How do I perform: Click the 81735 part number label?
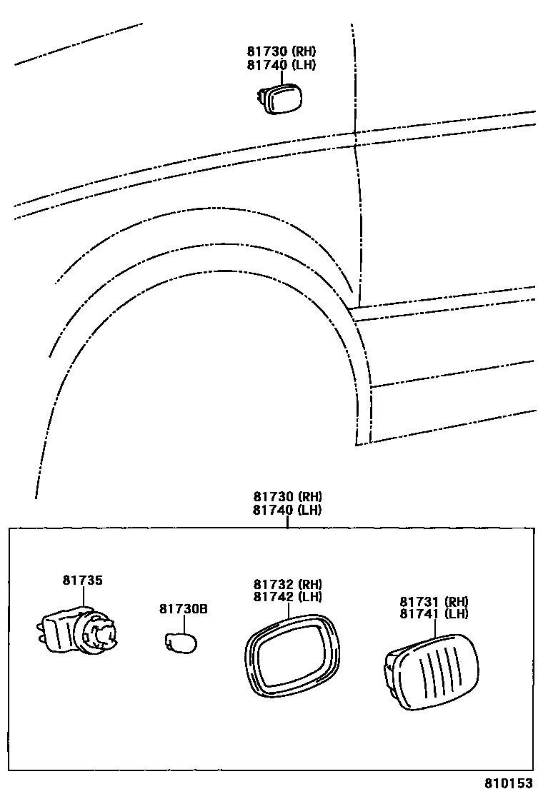point(82,581)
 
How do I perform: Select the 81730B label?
point(183,609)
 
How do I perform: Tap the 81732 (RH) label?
point(287,584)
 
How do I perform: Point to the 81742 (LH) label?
point(287,597)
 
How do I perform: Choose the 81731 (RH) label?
point(434,601)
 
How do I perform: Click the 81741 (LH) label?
point(434,614)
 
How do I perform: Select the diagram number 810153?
point(509,783)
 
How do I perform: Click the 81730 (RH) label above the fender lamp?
point(282,51)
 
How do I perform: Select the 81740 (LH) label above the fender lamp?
point(282,64)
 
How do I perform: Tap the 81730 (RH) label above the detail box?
point(287,497)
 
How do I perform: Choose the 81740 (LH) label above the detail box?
point(287,510)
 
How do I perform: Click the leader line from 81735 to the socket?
point(83,598)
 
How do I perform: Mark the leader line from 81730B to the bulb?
point(184,623)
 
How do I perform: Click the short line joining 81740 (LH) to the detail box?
point(287,522)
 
